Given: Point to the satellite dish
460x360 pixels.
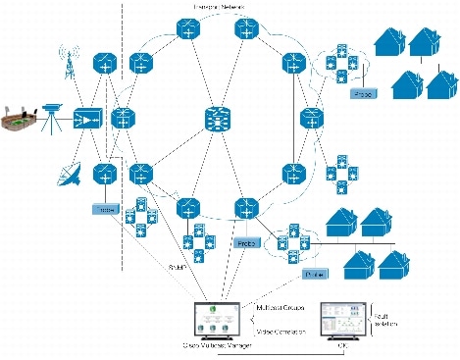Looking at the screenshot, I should click(68, 176).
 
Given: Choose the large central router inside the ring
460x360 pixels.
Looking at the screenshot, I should click(215, 120).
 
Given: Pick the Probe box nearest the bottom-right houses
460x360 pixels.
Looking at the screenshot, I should click(314, 275).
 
